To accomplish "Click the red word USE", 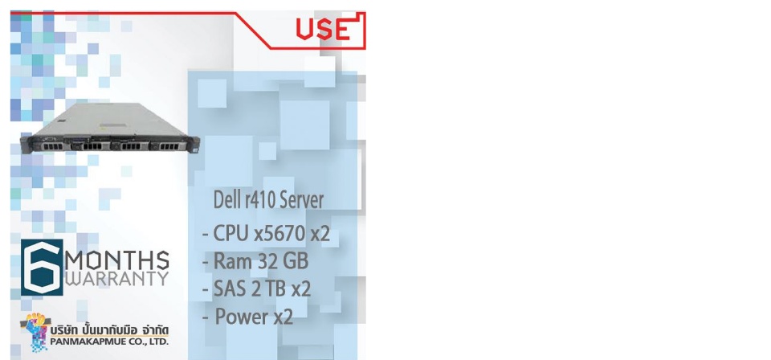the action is pos(323,30).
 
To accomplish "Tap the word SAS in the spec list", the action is pos(230,288).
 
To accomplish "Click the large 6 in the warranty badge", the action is pos(42,267).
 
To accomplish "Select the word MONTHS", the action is pos(117,260).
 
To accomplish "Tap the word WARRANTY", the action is pos(117,279).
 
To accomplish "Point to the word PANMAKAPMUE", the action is pos(88,342).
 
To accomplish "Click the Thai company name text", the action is pos(109,329).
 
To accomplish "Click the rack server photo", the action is pos(110,128).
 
